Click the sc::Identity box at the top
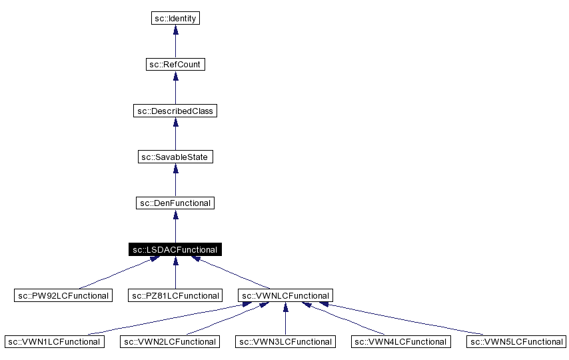tap(175, 19)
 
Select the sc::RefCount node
tap(175, 65)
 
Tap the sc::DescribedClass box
tap(175, 111)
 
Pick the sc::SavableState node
tap(175, 157)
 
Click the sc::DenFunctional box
tap(175, 203)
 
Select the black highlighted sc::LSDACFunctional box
tap(175, 249)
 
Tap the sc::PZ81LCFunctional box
tap(175, 295)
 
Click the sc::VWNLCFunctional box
tap(285, 295)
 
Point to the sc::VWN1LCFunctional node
tap(54, 341)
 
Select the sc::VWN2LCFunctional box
tap(169, 341)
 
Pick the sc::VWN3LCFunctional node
tap(285, 341)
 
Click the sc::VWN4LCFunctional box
tap(400, 341)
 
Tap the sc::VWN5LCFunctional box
tap(516, 341)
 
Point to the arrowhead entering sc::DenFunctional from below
tap(175, 215)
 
